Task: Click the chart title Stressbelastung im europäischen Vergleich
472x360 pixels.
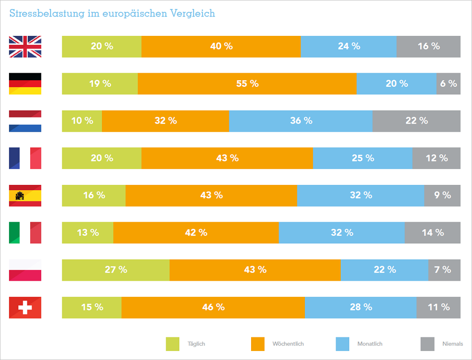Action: [x=112, y=13]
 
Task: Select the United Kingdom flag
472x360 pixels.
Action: [x=25, y=46]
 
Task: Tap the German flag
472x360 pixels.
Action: [x=25, y=84]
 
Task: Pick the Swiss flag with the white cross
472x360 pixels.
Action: [x=25, y=308]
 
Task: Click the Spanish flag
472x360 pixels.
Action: [x=25, y=195]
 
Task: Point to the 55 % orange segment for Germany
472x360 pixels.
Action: [x=247, y=84]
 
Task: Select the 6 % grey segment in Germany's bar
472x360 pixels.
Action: [x=448, y=84]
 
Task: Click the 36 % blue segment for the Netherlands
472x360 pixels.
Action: [x=301, y=121]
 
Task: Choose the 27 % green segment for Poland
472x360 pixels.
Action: [x=116, y=270]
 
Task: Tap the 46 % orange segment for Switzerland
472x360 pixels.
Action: [x=213, y=307]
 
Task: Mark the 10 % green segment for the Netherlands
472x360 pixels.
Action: [x=82, y=121]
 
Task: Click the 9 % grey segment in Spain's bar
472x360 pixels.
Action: [x=442, y=195]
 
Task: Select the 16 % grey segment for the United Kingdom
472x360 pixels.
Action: [x=428, y=46]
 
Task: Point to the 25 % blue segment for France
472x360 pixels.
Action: [x=362, y=158]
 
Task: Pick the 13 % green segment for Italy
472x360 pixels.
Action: [x=87, y=233]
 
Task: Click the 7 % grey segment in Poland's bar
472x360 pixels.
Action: [x=444, y=270]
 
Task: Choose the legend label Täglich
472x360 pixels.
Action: [x=196, y=344]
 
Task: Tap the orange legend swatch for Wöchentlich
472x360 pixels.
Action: [x=258, y=344]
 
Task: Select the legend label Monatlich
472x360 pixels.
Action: [x=370, y=344]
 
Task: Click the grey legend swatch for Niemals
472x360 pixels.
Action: [x=427, y=344]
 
